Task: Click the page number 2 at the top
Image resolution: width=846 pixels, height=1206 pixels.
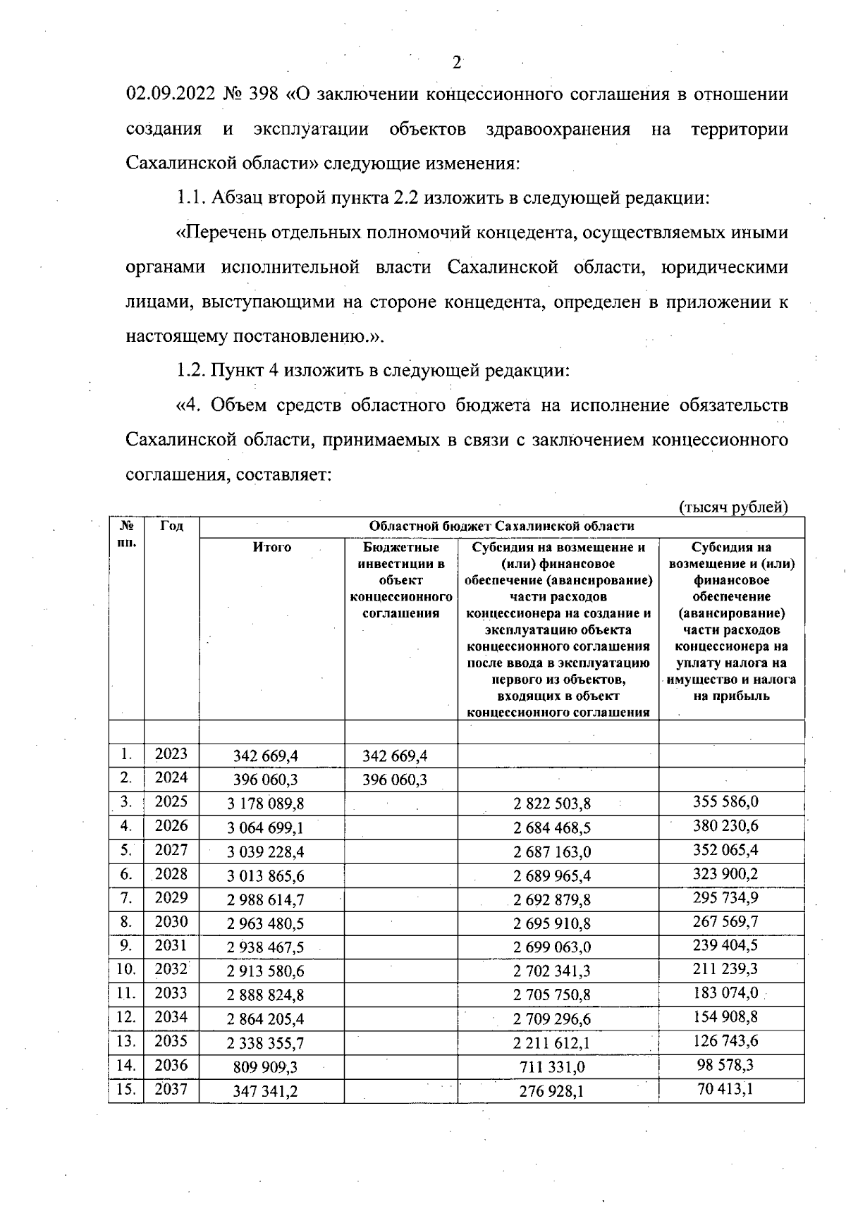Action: point(456,63)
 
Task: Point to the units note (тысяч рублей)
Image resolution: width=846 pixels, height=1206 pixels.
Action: point(732,506)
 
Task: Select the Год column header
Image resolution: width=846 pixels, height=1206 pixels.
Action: point(171,526)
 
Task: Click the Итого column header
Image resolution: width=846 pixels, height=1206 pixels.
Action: point(272,548)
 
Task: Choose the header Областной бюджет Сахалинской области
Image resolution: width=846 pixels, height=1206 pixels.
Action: point(501,526)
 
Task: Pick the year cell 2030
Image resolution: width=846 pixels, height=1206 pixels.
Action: point(171,922)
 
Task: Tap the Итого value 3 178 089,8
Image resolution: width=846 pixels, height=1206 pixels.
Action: point(266,804)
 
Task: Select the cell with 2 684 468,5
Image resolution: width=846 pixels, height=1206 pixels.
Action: point(552,827)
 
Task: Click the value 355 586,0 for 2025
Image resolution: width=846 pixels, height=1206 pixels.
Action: point(725,802)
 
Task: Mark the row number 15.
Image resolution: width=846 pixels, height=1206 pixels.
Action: point(125,1089)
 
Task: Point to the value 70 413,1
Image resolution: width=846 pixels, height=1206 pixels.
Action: point(725,1089)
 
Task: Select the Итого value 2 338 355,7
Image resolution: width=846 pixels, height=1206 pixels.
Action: point(266,1043)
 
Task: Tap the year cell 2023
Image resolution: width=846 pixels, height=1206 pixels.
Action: point(171,754)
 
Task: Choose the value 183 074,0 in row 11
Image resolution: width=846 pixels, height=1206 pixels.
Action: point(725,993)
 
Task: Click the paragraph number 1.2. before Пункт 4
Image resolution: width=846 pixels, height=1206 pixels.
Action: point(192,371)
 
